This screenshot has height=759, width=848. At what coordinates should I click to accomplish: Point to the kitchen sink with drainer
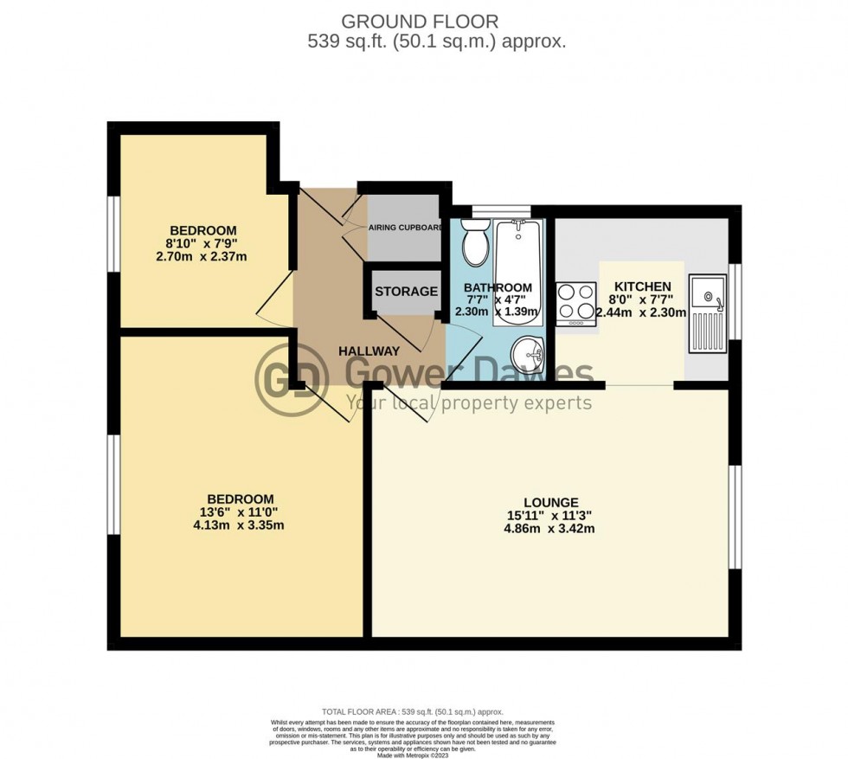tap(709, 314)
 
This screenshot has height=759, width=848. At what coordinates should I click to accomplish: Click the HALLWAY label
tap(369, 351)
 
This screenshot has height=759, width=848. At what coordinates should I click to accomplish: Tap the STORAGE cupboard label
tap(406, 292)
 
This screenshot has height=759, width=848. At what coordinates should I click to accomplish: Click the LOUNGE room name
tap(550, 501)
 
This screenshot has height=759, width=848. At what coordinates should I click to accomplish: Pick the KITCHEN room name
tap(641, 286)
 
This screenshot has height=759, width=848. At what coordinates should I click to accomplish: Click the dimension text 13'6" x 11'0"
tap(241, 511)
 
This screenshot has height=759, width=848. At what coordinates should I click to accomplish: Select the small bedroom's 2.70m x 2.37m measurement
tap(202, 256)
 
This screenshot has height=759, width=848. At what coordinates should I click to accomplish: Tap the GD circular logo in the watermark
tap(292, 378)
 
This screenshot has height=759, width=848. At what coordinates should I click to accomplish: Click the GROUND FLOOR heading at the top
tap(420, 20)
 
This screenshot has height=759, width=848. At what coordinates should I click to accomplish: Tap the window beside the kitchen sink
tap(735, 301)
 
